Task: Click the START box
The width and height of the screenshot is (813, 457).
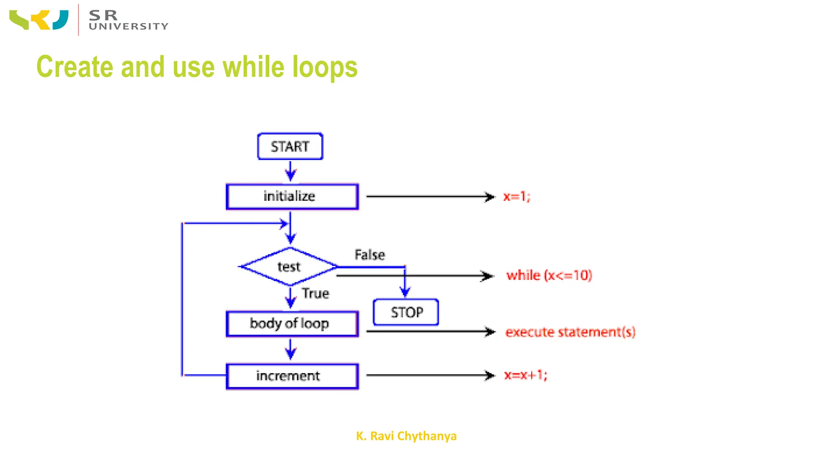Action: point(290,146)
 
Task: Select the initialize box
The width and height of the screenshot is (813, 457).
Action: point(292,196)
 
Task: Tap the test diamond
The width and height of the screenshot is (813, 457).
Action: point(289,267)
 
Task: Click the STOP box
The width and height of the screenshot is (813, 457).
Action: point(406,312)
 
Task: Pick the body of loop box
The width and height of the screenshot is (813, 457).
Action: point(292,324)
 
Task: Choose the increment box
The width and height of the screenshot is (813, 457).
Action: point(292,376)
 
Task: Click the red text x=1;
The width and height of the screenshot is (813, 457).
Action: point(516,196)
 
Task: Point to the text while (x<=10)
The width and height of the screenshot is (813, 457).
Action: point(549,275)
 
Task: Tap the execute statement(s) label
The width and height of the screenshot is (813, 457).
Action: point(570,332)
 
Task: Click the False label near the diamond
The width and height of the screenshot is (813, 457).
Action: point(370,255)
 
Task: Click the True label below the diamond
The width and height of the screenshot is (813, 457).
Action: point(316,294)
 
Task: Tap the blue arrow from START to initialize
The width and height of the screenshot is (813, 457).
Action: point(291,171)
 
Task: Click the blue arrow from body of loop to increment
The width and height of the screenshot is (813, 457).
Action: point(291,349)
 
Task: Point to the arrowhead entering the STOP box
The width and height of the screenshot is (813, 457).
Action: point(405,293)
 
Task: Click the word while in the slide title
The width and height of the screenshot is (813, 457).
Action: point(253,67)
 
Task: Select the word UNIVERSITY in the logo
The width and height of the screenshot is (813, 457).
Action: point(129,27)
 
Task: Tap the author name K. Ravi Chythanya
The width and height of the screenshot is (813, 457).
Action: point(406,436)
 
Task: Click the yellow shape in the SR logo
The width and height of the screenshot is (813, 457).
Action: point(42,20)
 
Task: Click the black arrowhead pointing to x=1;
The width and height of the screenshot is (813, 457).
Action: point(491,197)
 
